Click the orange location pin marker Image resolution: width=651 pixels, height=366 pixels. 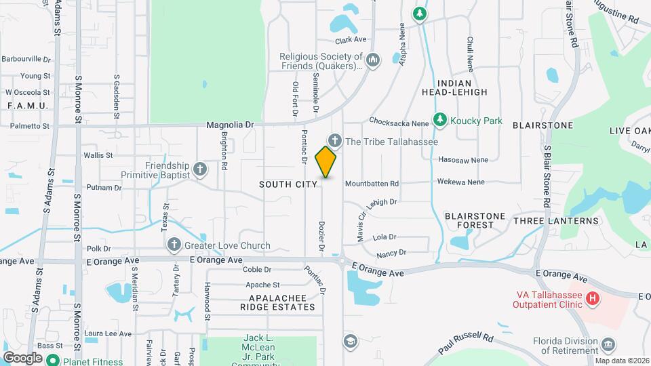tap(326, 161)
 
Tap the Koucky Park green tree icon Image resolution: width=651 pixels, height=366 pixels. tap(439, 120)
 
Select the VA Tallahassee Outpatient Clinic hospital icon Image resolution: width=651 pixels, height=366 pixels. tap(593, 298)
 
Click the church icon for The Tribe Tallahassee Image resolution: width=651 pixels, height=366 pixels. tap(334, 140)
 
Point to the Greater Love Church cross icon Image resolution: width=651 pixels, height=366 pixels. tap(173, 245)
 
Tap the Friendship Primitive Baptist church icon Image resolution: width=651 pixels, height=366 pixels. tap(199, 169)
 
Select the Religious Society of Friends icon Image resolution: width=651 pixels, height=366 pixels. tap(372, 62)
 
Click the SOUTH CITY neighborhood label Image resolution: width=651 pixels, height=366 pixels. tap(288, 184)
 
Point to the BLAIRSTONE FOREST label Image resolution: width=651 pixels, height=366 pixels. tap(475, 221)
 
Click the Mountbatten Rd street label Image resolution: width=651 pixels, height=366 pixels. tap(372, 184)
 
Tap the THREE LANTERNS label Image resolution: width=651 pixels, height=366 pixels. tap(556, 221)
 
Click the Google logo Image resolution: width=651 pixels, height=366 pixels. tap(22, 357)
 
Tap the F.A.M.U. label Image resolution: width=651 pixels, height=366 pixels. tap(26, 106)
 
